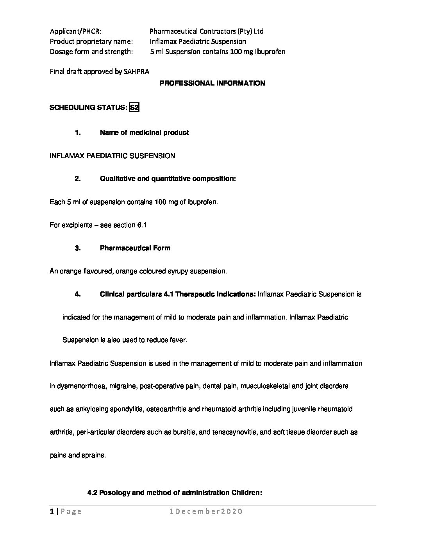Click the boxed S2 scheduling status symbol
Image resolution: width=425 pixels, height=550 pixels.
[134, 107]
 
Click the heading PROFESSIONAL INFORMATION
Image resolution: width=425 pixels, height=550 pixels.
[212, 83]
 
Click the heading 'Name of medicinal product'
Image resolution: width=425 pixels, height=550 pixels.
[144, 132]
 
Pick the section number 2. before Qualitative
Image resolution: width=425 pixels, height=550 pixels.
[78, 179]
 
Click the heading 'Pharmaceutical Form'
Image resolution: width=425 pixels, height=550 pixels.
[135, 248]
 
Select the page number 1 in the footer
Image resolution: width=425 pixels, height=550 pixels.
[52, 511]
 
